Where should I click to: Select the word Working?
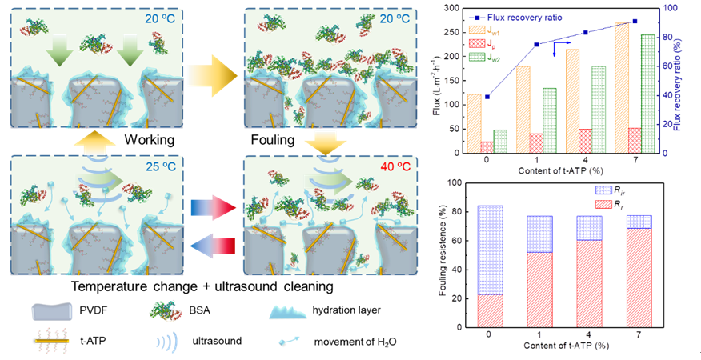(x=150, y=140)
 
